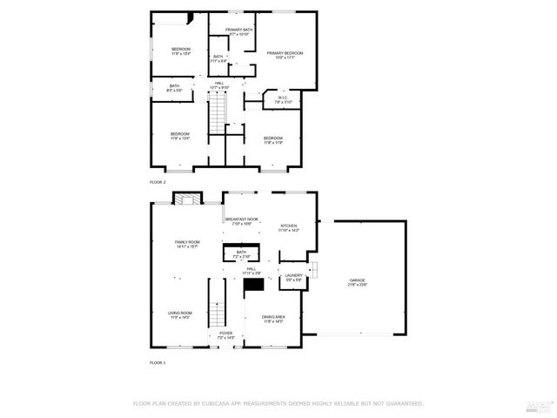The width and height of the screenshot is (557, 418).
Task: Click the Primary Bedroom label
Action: tap(281, 55)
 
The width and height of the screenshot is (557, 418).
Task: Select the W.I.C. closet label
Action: tap(282, 100)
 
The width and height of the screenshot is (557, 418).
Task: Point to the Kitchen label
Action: tap(288, 228)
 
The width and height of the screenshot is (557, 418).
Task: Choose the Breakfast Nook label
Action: tap(241, 221)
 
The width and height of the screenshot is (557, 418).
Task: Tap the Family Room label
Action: tap(187, 244)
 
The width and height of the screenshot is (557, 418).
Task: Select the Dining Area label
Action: tap(274, 319)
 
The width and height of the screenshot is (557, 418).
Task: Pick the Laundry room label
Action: tap(293, 277)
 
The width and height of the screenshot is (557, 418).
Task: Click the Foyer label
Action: tap(225, 334)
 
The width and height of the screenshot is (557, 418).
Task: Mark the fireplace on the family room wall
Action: tap(185, 199)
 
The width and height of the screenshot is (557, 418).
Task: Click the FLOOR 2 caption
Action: tap(158, 182)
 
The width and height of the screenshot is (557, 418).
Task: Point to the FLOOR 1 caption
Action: tap(158, 361)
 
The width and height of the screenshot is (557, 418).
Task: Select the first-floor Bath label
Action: tap(241, 254)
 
